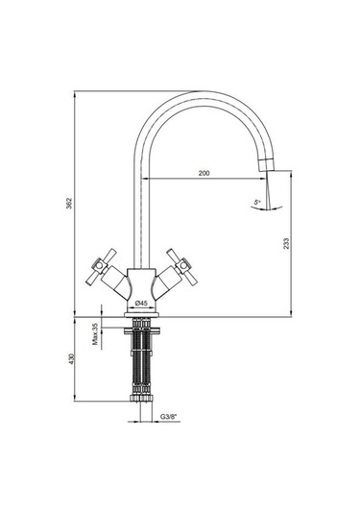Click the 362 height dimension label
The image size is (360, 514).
point(69,204)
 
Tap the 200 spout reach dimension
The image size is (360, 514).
point(204,173)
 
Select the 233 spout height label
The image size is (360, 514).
point(286,244)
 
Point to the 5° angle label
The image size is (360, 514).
point(256,203)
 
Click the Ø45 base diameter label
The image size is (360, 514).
point(141,304)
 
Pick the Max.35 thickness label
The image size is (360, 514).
point(96,334)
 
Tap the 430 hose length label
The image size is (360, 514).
point(72,359)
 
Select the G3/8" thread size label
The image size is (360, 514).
point(168,417)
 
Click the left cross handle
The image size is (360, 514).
point(101,266)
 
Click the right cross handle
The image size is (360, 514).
point(182,266)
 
